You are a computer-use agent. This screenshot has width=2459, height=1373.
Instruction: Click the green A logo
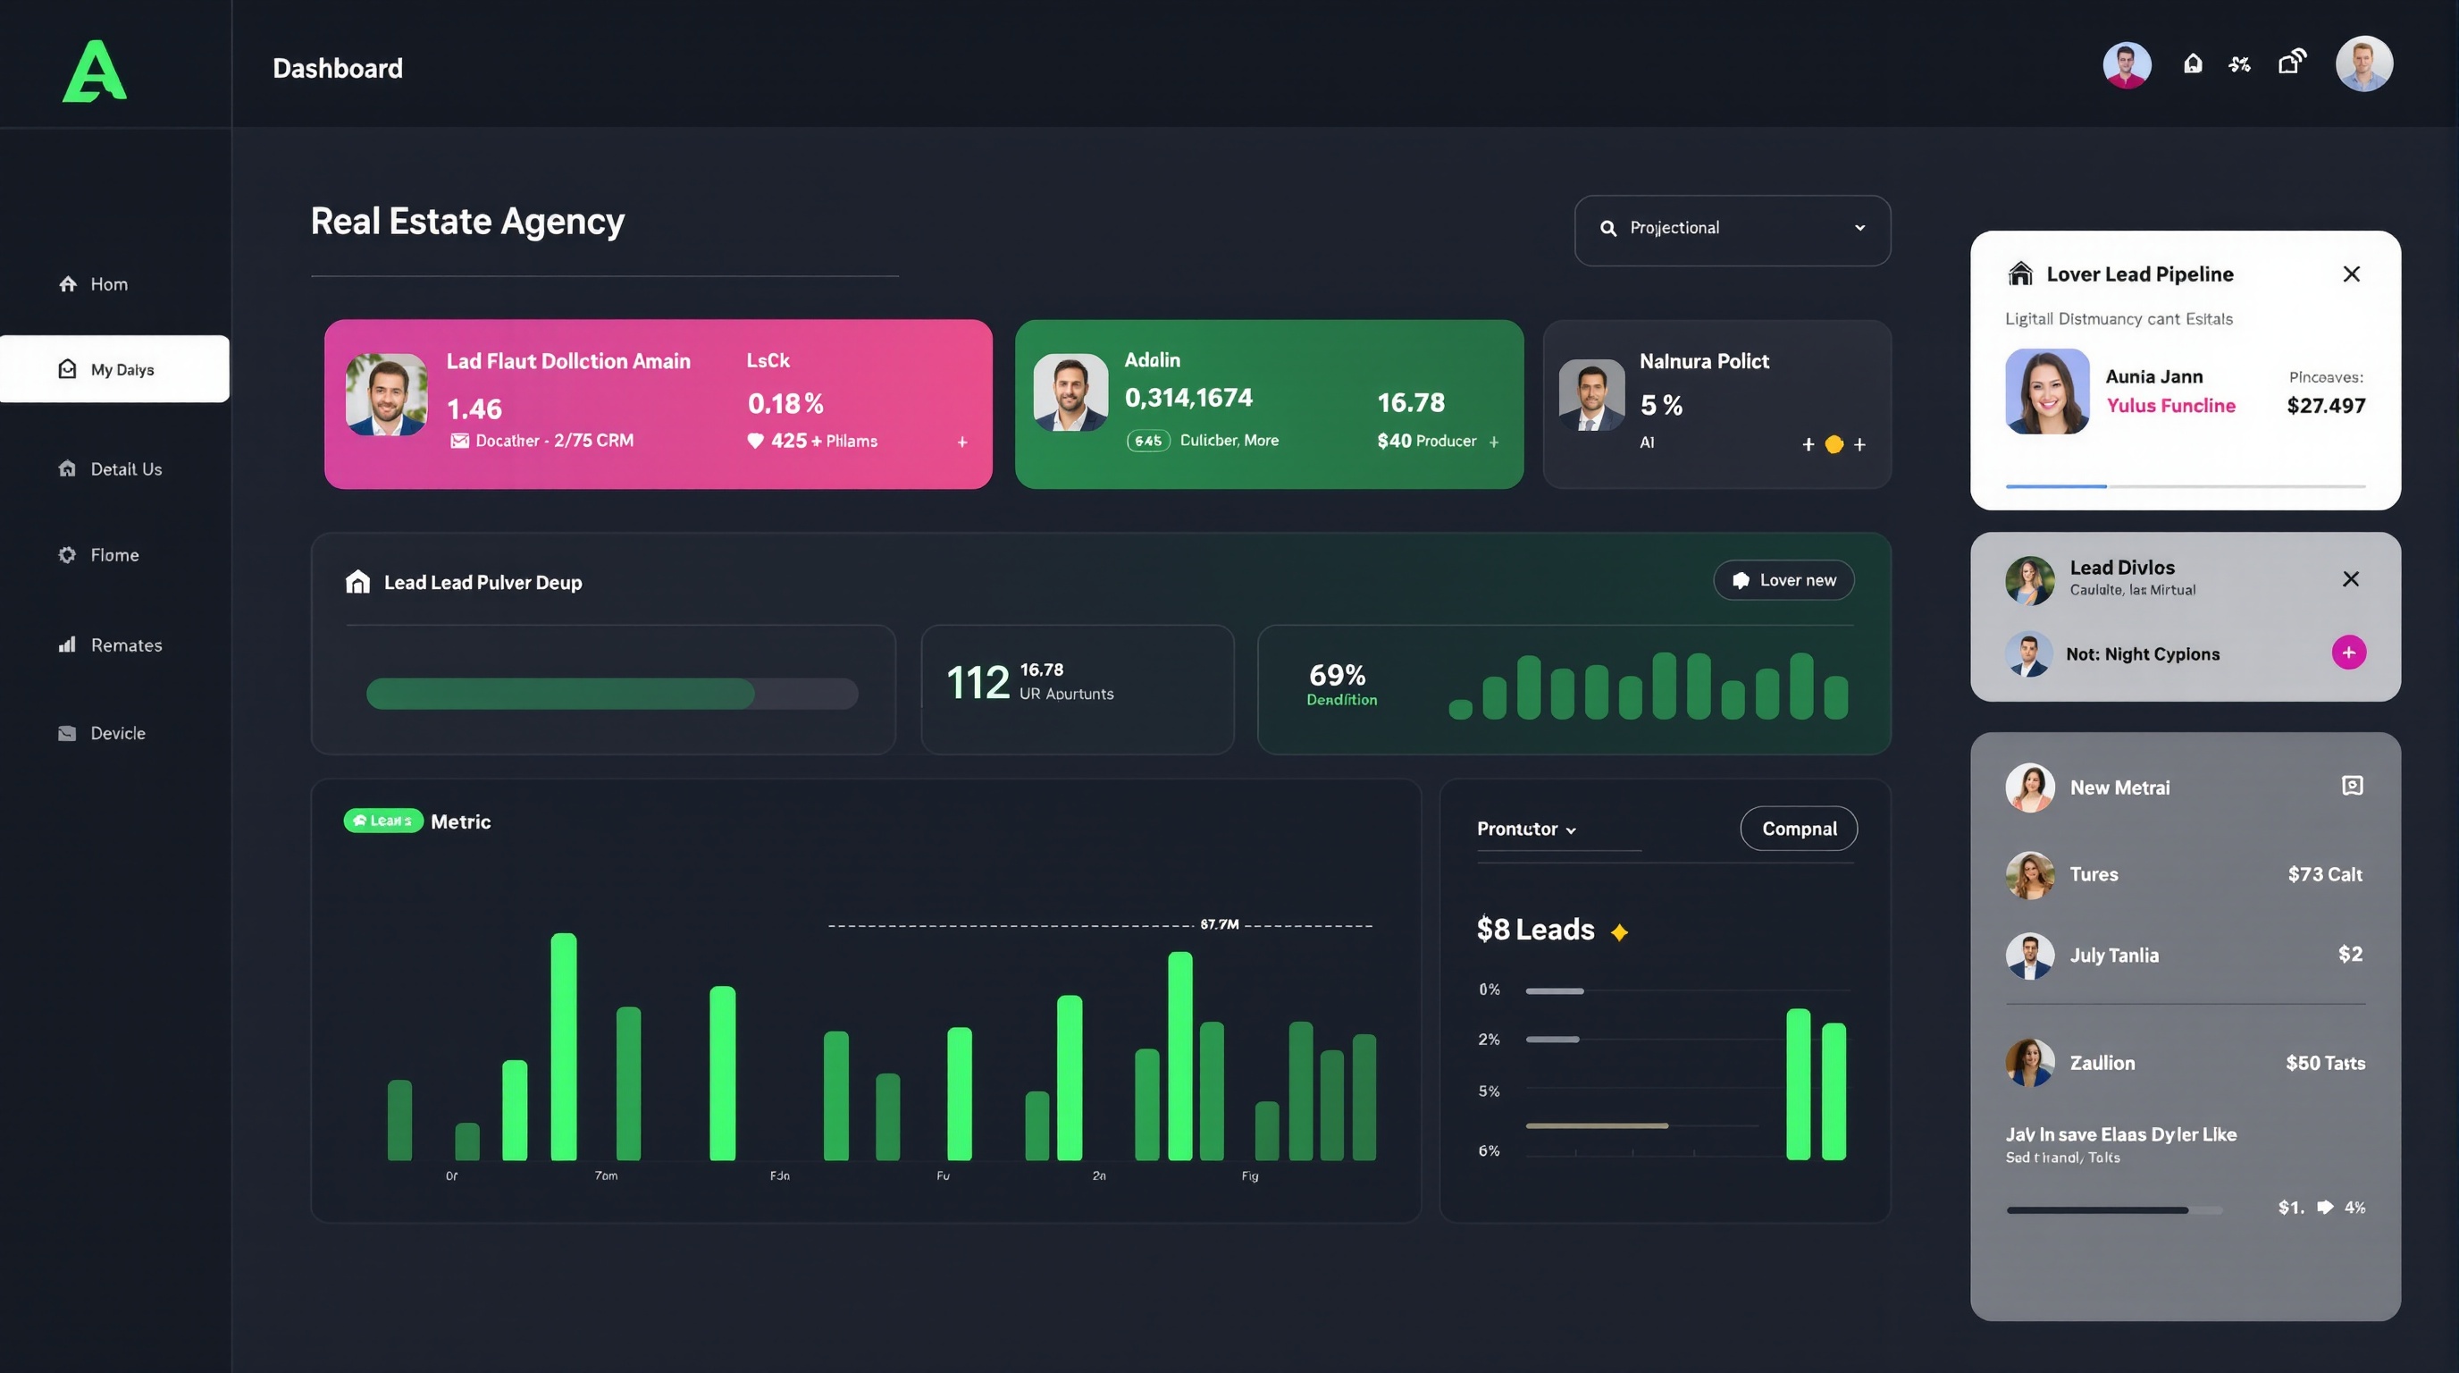(x=94, y=71)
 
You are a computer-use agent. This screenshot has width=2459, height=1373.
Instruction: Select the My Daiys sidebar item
(x=114, y=369)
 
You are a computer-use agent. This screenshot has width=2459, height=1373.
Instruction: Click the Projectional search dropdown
(x=1732, y=229)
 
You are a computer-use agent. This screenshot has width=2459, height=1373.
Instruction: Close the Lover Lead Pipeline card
(x=2351, y=275)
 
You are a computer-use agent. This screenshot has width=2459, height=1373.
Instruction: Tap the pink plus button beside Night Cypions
(x=2348, y=653)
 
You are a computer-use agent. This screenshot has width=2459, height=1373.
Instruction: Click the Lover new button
(x=1783, y=580)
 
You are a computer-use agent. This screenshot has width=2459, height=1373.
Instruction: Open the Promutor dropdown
(x=1525, y=829)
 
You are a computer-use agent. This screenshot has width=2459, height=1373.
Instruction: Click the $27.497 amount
(x=2325, y=406)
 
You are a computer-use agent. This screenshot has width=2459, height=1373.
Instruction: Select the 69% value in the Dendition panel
(x=1337, y=676)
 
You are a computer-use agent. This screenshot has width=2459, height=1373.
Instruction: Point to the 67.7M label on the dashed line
(x=1219, y=924)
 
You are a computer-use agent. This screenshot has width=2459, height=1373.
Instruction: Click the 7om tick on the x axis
(x=606, y=1175)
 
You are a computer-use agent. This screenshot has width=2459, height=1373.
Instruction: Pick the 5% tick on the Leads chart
(x=1489, y=1091)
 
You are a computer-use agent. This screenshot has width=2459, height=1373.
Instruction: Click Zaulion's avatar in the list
(x=2029, y=1063)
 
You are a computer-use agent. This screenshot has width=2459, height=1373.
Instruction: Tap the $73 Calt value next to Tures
(x=2324, y=874)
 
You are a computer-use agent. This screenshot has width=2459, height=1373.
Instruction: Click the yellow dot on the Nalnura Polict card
(x=1834, y=445)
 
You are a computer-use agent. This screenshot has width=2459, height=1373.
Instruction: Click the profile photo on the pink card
(x=387, y=395)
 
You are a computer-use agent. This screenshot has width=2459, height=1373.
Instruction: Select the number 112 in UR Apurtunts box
(x=978, y=683)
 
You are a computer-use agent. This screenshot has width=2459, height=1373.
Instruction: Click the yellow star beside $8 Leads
(x=1619, y=932)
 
